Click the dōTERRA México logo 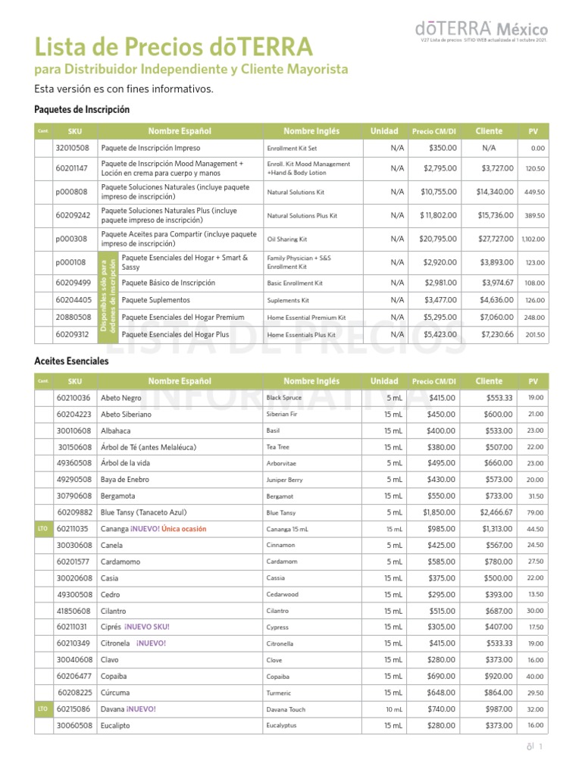481,28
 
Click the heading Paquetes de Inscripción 82,110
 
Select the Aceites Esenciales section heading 71,361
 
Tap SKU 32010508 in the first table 73,149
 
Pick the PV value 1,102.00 533,239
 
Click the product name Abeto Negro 121,398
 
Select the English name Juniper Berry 284,480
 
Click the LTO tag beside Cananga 42,529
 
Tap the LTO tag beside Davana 42,709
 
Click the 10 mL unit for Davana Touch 394,709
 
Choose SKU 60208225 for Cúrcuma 74,693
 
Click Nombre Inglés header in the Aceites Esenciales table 311,381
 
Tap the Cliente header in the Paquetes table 489,132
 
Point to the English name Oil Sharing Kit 287,239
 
